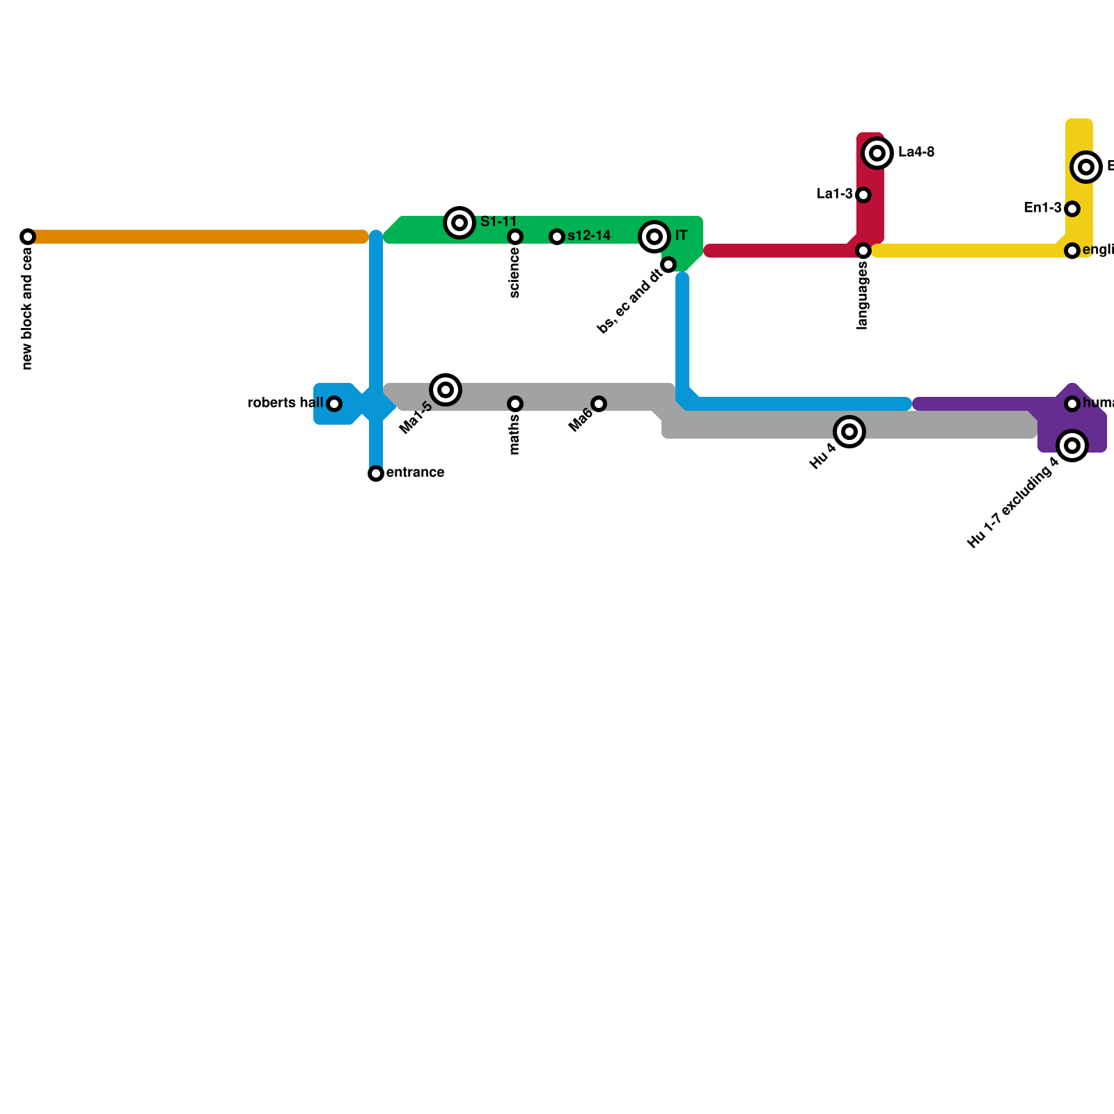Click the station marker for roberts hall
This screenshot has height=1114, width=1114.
(x=334, y=404)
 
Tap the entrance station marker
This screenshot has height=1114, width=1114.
(x=376, y=473)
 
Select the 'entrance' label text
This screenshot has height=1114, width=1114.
(x=415, y=473)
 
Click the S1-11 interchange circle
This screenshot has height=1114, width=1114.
(x=460, y=223)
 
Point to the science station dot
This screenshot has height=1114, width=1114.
(x=515, y=237)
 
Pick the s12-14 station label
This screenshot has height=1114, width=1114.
(x=589, y=236)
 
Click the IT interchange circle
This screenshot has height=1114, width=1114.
(x=654, y=237)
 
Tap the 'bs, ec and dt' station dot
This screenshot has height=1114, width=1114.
(x=668, y=265)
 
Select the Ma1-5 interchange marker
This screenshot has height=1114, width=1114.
(x=446, y=389)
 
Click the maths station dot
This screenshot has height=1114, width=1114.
(x=515, y=404)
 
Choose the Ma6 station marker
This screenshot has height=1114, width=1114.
(x=599, y=404)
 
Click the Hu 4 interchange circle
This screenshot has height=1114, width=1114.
(x=849, y=432)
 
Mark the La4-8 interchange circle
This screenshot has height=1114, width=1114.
(x=878, y=153)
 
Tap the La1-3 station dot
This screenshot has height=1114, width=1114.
(x=863, y=195)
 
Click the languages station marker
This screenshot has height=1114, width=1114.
(x=863, y=251)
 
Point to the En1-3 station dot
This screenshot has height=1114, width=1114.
(x=1072, y=209)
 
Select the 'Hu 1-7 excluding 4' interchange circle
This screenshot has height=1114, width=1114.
(x=1072, y=446)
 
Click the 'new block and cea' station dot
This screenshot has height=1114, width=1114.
(x=28, y=237)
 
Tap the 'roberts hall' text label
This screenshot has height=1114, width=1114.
(x=285, y=403)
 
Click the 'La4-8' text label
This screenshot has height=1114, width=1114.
(x=916, y=152)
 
